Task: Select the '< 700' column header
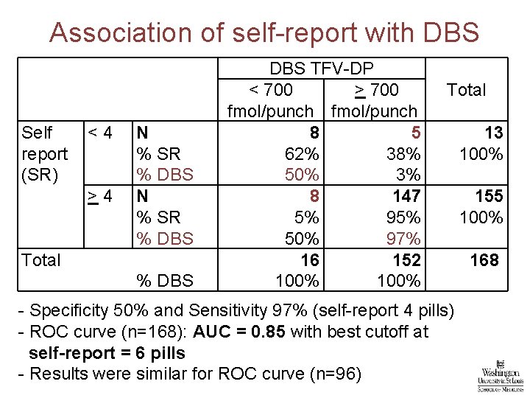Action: coord(270,90)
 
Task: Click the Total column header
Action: coord(466,90)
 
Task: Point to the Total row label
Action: coord(41,260)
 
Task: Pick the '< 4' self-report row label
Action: coord(99,133)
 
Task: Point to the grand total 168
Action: coord(484,260)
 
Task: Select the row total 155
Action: coord(489,197)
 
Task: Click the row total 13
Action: coord(493,133)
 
